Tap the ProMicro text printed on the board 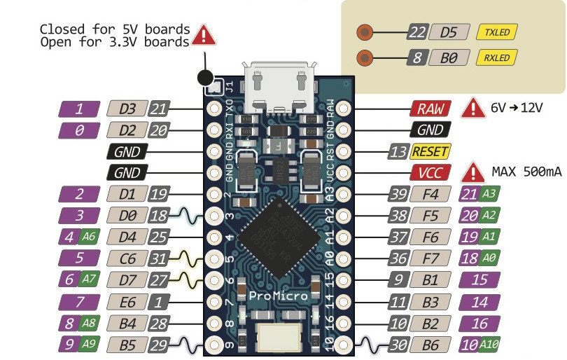[278, 296]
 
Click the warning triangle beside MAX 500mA [474, 172]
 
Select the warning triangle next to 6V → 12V [474, 108]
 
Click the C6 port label [127, 258]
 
